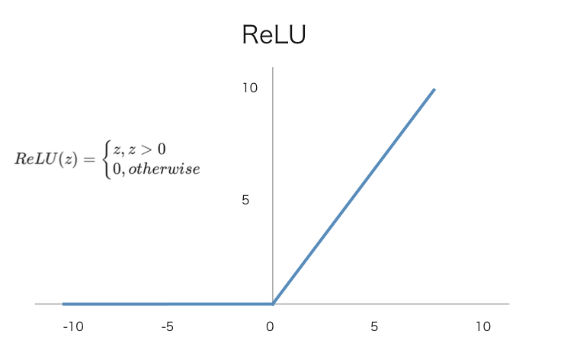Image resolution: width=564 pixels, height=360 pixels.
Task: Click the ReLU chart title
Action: click(274, 35)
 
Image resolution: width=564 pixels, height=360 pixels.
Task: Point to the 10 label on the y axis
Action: click(250, 88)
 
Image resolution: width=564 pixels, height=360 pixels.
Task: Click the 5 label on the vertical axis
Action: click(245, 201)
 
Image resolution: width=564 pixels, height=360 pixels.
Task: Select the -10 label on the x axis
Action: click(73, 327)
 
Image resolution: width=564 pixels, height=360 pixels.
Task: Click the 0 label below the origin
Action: click(270, 327)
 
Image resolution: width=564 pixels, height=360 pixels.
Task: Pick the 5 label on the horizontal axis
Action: click(374, 327)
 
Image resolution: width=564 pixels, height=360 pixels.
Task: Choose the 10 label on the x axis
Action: click(483, 327)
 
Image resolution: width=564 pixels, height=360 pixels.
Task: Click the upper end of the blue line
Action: click(434, 90)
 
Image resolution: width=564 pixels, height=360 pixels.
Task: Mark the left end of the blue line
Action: click(64, 304)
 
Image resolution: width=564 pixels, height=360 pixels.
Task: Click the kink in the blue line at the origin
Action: click(273, 304)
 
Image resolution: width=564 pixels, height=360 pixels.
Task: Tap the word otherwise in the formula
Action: click(163, 169)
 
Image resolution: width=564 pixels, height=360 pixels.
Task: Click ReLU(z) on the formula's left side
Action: click(46, 160)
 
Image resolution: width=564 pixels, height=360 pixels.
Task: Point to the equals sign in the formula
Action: click(90, 160)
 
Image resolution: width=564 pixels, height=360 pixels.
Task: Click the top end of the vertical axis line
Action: click(273, 69)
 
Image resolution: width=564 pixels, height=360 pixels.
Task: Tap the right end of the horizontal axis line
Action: click(508, 304)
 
